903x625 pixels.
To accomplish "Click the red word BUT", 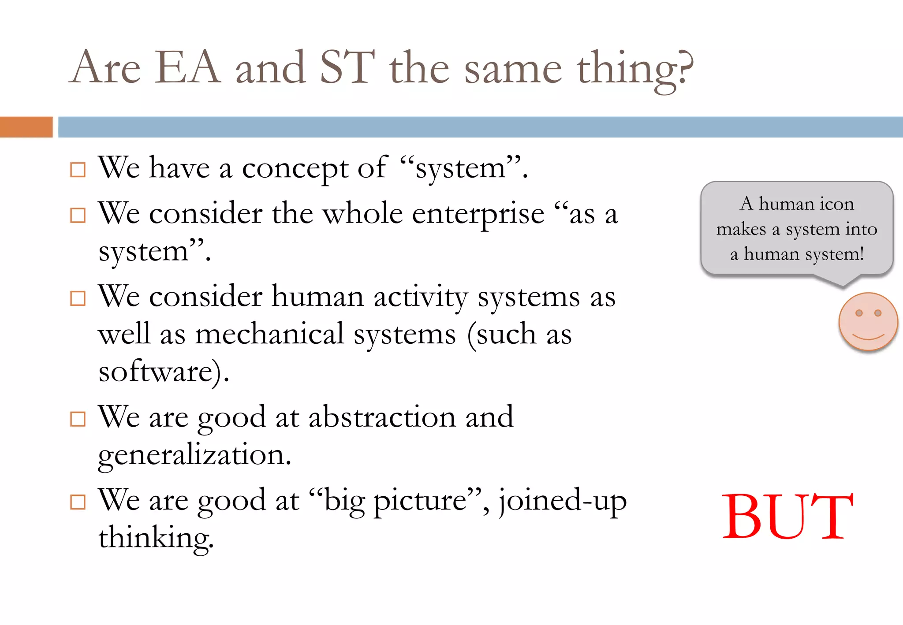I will click(x=787, y=516).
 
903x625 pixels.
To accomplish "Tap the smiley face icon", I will click(x=868, y=322).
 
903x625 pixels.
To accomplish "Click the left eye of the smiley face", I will click(x=858, y=313).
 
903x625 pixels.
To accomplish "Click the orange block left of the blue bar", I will click(x=26, y=127).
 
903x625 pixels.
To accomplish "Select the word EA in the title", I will click(x=188, y=67).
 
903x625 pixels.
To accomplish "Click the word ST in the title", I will click(x=347, y=67).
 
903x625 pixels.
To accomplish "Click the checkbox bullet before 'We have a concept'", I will click(x=78, y=170).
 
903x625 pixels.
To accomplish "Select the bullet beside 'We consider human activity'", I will click(x=78, y=298).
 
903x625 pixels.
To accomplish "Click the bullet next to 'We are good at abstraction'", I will click(x=78, y=419).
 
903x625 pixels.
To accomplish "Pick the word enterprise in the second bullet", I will click(x=478, y=215).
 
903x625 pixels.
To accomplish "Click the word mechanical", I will click(x=269, y=334).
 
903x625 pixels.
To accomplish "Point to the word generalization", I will click(x=194, y=455).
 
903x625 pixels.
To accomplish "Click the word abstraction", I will click(x=382, y=417).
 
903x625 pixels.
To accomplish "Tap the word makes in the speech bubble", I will click(x=741, y=229).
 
